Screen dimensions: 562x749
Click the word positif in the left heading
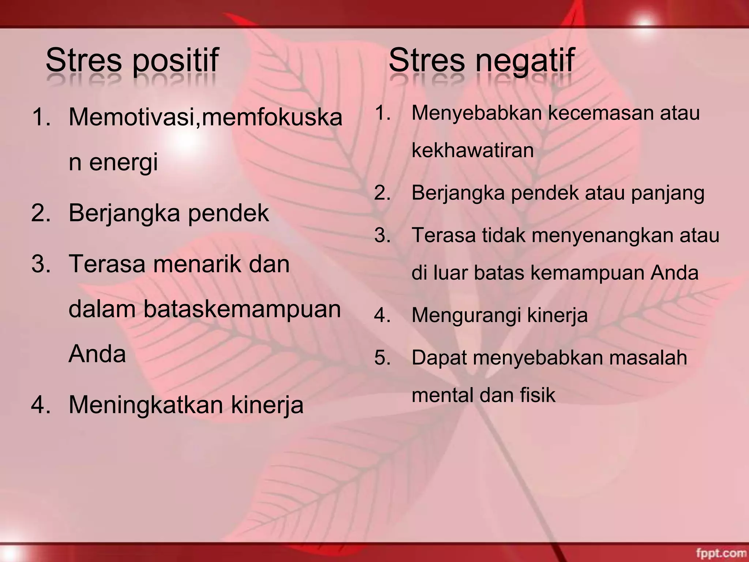pyautogui.click(x=175, y=61)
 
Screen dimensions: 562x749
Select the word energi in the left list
pyautogui.click(x=123, y=162)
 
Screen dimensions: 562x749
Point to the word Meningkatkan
pyautogui.click(x=146, y=405)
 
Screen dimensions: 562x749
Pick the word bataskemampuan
pyautogui.click(x=242, y=309)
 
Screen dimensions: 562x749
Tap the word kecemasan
pyautogui.click(x=602, y=113)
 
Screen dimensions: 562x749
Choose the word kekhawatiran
pyautogui.click(x=473, y=150)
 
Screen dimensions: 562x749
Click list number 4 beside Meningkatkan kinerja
pyautogui.click(x=41, y=405)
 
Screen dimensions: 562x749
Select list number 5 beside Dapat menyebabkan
pyautogui.click(x=382, y=357)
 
